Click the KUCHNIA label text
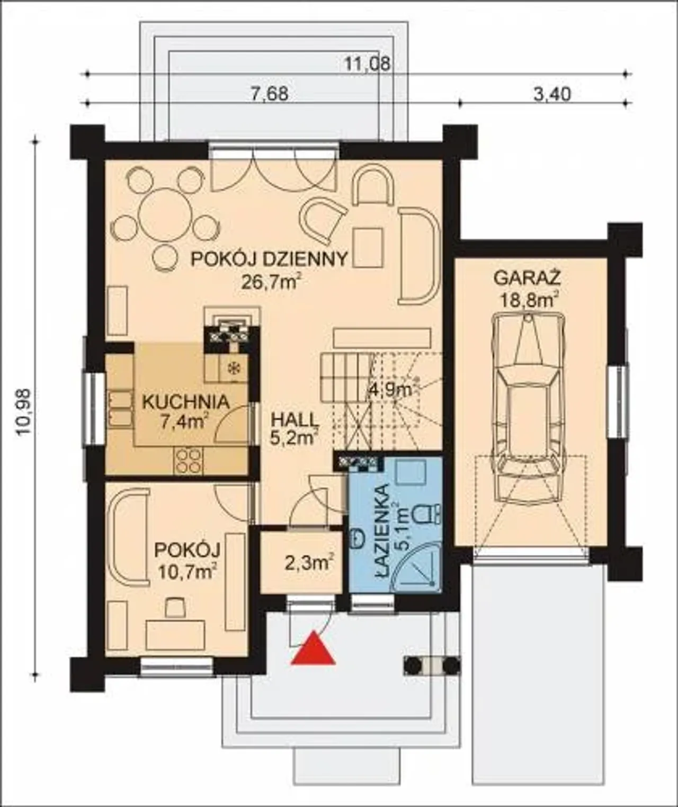(x=186, y=402)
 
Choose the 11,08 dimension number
(x=368, y=64)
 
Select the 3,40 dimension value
(x=552, y=94)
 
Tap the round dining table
(x=166, y=215)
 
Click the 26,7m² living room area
(x=271, y=282)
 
